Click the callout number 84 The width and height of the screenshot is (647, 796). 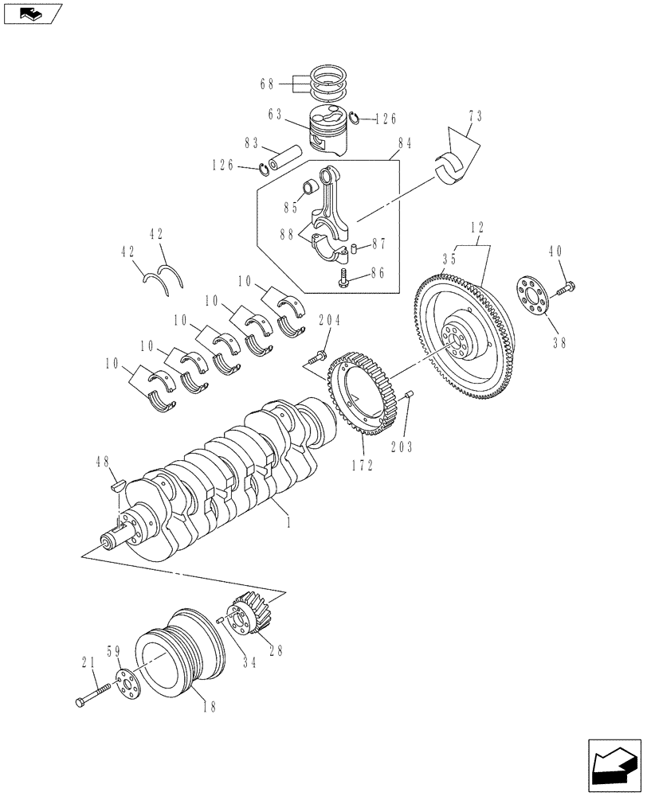404,144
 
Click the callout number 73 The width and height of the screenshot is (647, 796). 475,117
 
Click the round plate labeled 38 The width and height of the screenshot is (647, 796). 531,296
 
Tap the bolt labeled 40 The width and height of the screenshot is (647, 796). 565,288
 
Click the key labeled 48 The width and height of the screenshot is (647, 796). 116,482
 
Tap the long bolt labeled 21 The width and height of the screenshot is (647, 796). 92,697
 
